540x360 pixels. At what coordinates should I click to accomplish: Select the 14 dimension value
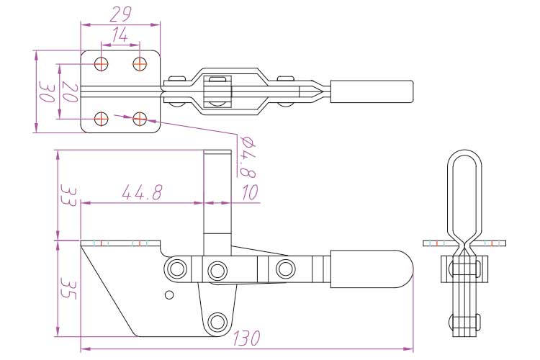coord(120,33)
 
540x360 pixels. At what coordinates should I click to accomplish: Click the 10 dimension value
coord(249,192)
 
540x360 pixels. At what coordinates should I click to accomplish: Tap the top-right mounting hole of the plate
coord(140,63)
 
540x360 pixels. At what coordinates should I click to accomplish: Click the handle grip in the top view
coord(372,91)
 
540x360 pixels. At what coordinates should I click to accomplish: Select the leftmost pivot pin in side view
coord(175,270)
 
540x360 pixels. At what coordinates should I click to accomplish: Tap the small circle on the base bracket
coord(169,294)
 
